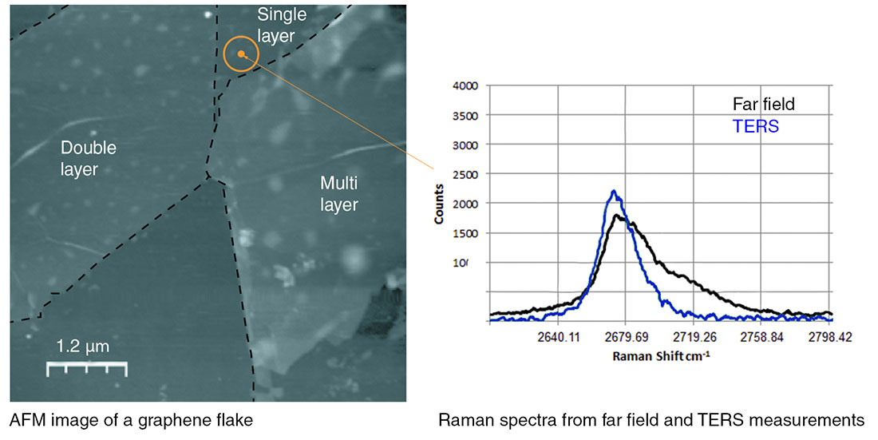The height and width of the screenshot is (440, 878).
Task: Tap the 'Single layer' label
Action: pyautogui.click(x=276, y=25)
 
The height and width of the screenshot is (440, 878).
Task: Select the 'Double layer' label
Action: pyautogui.click(x=89, y=158)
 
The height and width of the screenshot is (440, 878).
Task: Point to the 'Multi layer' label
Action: pyautogui.click(x=339, y=193)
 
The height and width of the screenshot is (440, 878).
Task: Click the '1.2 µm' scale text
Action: pyautogui.click(x=83, y=347)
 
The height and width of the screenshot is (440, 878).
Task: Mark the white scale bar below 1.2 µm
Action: pyautogui.click(x=86, y=368)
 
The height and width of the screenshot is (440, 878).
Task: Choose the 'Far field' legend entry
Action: pyautogui.click(x=764, y=104)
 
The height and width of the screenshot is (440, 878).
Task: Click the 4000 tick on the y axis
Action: pyautogui.click(x=465, y=86)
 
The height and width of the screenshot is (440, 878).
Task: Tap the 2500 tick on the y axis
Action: pyautogui.click(x=465, y=174)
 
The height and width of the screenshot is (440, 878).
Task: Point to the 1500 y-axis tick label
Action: pyautogui.click(x=465, y=233)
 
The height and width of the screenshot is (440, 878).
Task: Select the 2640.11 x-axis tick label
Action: pyautogui.click(x=557, y=338)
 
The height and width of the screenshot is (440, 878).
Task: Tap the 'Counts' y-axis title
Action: pyautogui.click(x=441, y=206)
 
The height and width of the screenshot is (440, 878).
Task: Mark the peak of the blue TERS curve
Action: pyautogui.click(x=613, y=191)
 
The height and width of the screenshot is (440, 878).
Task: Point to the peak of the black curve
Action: pyautogui.click(x=616, y=215)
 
